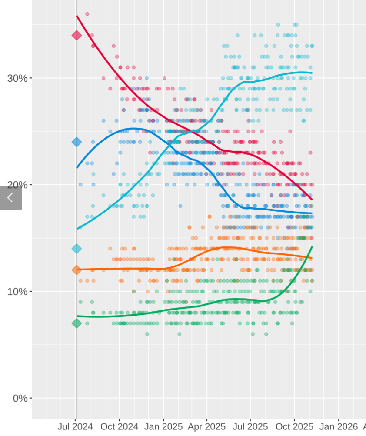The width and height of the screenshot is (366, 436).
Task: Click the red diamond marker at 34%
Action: (x=77, y=35)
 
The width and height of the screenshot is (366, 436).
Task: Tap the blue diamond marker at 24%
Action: (x=77, y=142)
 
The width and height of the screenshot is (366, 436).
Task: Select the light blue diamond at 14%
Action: (x=77, y=249)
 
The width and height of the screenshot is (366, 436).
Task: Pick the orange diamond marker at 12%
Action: (x=77, y=270)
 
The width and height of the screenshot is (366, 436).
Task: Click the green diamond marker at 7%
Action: (x=77, y=323)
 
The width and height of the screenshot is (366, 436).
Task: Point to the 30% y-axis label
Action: (x=17, y=78)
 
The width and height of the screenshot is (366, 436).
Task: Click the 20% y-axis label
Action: (x=17, y=185)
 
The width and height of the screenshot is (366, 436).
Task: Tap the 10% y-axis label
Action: (x=17, y=291)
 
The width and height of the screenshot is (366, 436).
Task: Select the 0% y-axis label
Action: (x=20, y=398)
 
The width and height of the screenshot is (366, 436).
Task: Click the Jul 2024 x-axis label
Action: (x=75, y=427)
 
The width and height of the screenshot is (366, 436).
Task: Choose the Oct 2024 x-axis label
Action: (x=119, y=427)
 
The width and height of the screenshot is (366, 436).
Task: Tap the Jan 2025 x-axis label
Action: (x=163, y=427)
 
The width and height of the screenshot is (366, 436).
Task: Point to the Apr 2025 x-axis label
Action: (x=206, y=427)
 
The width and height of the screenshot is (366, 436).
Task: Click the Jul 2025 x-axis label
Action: (x=250, y=427)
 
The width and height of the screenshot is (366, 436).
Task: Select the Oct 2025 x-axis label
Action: (x=294, y=427)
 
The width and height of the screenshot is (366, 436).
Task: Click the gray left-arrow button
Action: (x=11, y=198)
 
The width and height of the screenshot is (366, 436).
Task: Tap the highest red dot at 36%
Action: (x=87, y=14)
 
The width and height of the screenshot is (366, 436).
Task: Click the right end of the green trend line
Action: (x=312, y=247)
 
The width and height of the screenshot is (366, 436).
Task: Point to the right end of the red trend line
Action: (x=312, y=200)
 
